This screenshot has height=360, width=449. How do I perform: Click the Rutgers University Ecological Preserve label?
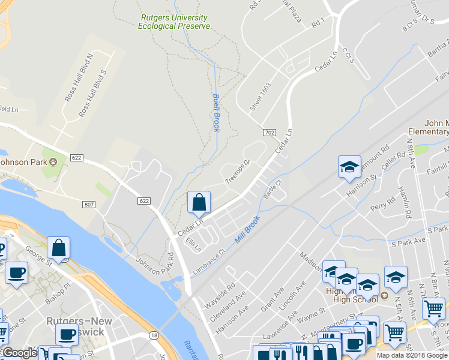174,22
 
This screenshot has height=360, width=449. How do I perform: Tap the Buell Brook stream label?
216,113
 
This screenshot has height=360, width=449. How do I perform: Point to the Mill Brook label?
247,230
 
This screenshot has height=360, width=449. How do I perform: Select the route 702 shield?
268,131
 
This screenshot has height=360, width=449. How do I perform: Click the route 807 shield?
89,205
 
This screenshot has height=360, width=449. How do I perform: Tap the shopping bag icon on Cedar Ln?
199,205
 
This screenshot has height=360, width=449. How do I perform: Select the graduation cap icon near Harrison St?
349,168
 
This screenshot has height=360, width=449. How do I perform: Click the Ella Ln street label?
193,245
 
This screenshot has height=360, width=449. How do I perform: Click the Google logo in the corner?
19,353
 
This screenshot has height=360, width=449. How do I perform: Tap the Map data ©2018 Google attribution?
411,355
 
